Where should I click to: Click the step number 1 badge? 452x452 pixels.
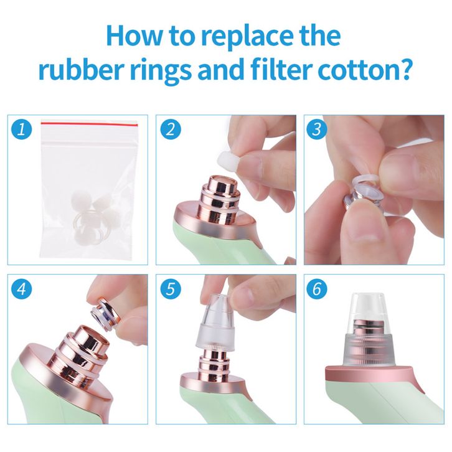pyautogui.click(x=21, y=129)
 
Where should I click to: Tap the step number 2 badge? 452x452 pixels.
pyautogui.click(x=171, y=129)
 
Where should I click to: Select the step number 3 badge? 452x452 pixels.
pyautogui.click(x=316, y=129)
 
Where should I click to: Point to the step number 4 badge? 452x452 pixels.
pyautogui.click(x=21, y=288)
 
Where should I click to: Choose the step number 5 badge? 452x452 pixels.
pyautogui.click(x=171, y=288)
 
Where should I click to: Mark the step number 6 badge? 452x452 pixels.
pyautogui.click(x=316, y=288)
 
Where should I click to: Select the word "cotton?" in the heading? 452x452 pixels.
pyautogui.click(x=364, y=70)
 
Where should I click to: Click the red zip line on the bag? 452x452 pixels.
pyautogui.click(x=90, y=124)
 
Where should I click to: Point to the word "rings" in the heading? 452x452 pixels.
pyautogui.click(x=162, y=71)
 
